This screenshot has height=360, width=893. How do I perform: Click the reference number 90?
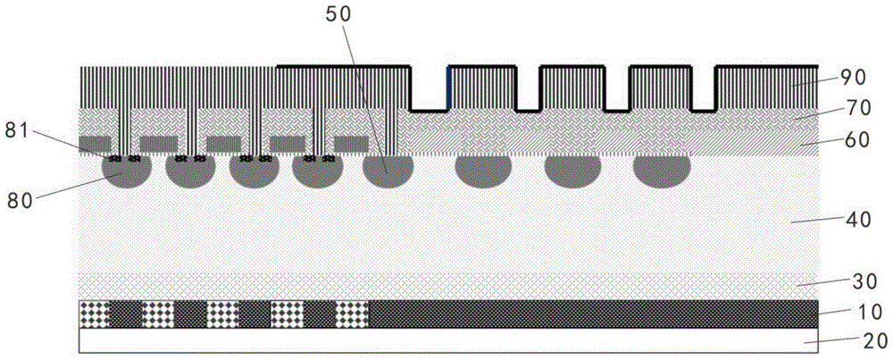pyautogui.click(x=853, y=77)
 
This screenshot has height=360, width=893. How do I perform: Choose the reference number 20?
pyautogui.click(x=873, y=342)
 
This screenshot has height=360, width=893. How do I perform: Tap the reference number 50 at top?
pyautogui.click(x=340, y=15)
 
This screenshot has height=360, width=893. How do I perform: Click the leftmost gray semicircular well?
pyautogui.click(x=127, y=172)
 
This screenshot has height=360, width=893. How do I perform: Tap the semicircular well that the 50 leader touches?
pyautogui.click(x=388, y=172)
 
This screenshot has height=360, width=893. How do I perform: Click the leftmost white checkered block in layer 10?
pyautogui.click(x=94, y=314)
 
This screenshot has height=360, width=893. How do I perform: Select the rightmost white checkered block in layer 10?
pyautogui.click(x=353, y=314)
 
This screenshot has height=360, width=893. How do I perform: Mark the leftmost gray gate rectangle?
pyautogui.click(x=96, y=144)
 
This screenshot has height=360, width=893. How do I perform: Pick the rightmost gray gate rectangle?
pyautogui.click(x=351, y=144)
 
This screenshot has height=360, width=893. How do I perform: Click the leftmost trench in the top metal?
pyautogui.click(x=430, y=88)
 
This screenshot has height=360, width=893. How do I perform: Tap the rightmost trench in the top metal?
pyautogui.click(x=704, y=88)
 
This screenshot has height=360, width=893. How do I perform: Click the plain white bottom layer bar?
pyautogui.click(x=449, y=341)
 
